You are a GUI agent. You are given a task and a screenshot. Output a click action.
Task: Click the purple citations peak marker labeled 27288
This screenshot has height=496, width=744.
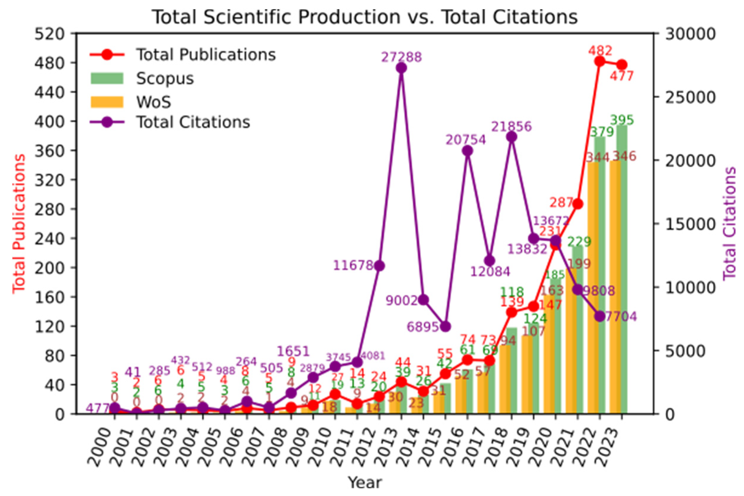pyautogui.click(x=401, y=68)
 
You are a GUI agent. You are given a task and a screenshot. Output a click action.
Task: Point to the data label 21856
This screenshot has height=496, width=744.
pyautogui.click(x=511, y=127)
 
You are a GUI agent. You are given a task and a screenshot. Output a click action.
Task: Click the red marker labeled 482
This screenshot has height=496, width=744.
pyautogui.click(x=600, y=61)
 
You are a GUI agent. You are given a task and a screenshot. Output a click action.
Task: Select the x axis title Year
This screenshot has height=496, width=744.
pyautogui.click(x=365, y=483)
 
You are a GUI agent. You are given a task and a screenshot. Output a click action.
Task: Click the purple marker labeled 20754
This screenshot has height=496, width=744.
pyautogui.click(x=468, y=151)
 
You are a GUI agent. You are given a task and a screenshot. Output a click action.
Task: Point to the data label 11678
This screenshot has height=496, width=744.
pyautogui.click(x=354, y=265)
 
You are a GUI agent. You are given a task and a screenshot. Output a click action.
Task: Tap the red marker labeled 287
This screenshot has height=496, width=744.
pyautogui.click(x=578, y=204)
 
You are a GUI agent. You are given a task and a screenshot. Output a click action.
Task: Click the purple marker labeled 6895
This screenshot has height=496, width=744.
pyautogui.click(x=445, y=326)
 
